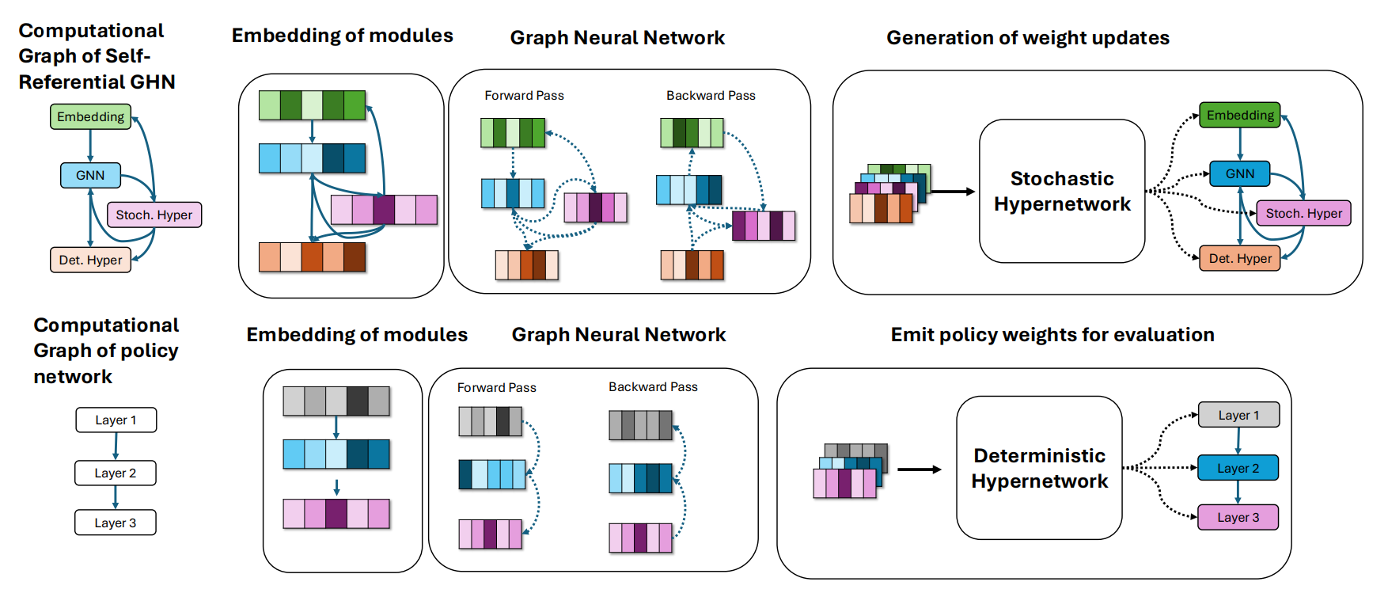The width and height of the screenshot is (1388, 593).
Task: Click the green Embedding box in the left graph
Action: tap(90, 116)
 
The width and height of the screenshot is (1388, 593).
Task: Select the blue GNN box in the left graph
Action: tap(90, 175)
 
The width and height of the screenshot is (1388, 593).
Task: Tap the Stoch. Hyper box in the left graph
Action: tap(154, 215)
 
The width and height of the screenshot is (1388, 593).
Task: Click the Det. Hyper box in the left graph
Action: tap(90, 260)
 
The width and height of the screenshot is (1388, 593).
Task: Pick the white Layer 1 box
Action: tap(116, 420)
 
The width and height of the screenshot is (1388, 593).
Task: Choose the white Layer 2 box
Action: tap(116, 473)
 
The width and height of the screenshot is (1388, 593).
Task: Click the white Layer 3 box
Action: tap(116, 523)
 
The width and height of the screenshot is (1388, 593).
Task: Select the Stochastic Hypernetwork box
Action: tap(1062, 191)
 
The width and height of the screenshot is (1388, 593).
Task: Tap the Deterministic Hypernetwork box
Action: tap(1039, 468)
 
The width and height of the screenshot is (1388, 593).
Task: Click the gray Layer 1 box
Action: tap(1238, 415)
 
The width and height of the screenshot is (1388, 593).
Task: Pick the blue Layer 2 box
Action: tap(1238, 468)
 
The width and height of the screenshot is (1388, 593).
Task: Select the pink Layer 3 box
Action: tap(1238, 517)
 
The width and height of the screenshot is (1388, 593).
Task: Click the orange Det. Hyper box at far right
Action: tap(1240, 258)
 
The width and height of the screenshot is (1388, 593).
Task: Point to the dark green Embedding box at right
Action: tap(1240, 115)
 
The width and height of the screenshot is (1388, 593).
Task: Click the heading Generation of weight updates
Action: tap(1027, 37)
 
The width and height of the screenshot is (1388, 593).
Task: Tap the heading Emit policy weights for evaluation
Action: tap(1052, 334)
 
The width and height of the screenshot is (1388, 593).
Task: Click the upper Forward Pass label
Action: tap(524, 95)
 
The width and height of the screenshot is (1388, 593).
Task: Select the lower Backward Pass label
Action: tap(653, 386)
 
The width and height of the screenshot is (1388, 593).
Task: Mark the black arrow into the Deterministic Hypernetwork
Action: tap(919, 469)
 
